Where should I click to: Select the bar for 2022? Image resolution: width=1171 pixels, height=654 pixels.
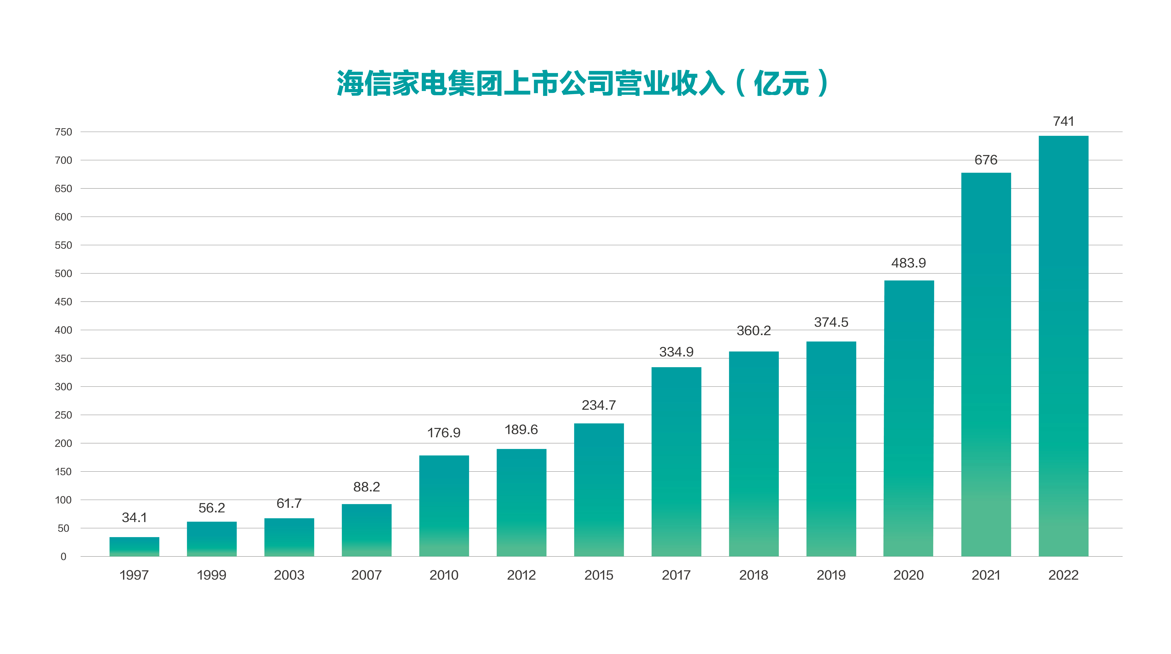point(1063,346)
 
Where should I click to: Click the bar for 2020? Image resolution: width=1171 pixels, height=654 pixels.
point(909,418)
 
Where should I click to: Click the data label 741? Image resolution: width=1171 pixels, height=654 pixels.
point(1063,121)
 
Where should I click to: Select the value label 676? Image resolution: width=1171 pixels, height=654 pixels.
point(986,160)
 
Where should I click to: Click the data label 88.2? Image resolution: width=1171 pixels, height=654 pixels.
point(366,487)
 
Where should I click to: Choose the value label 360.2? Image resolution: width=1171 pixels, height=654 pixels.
point(754,331)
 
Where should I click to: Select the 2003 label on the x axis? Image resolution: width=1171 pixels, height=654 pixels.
point(289,575)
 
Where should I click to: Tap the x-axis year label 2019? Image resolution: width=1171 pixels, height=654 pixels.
point(831,575)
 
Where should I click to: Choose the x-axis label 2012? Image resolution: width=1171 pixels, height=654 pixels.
point(521,575)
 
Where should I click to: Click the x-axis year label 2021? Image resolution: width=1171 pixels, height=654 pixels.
point(986,575)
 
